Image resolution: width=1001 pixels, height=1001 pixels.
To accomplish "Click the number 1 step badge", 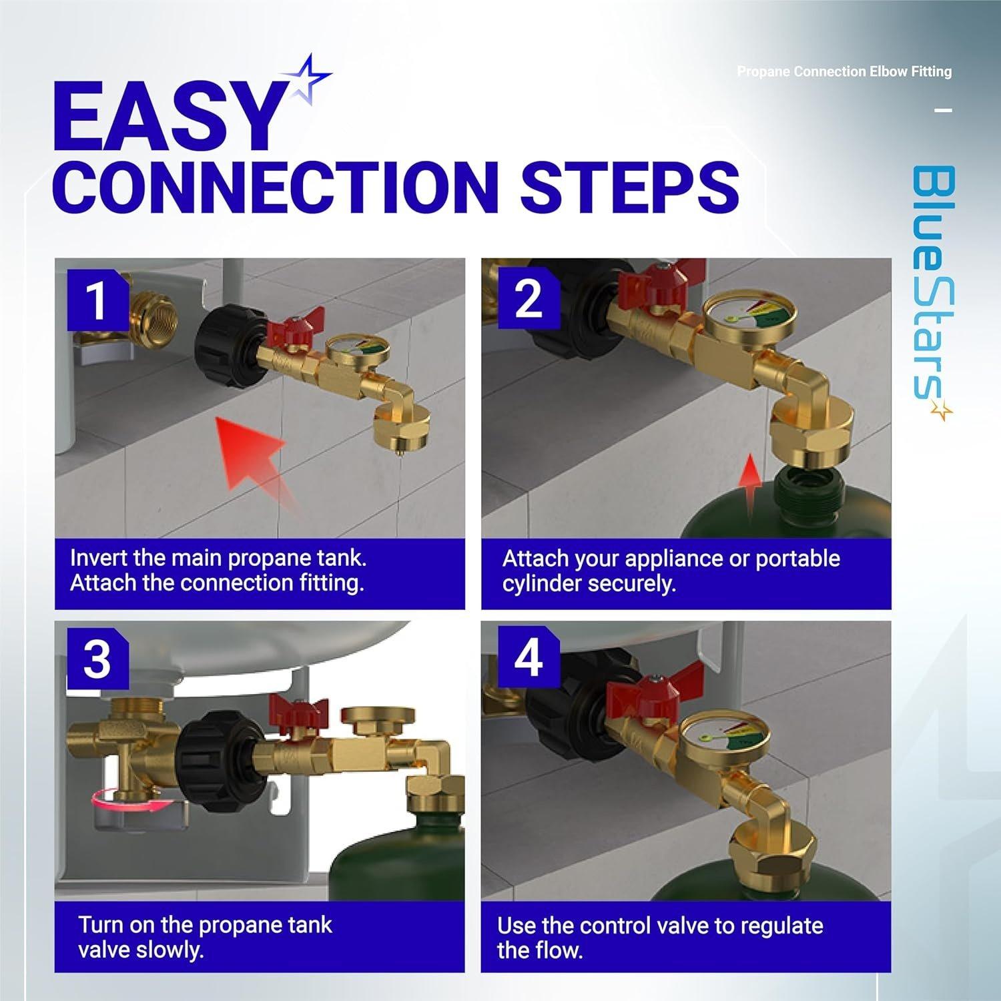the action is (x=97, y=300).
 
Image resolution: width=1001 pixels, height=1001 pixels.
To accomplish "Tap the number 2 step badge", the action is (x=529, y=299).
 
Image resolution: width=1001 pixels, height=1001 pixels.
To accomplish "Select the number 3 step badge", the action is (x=97, y=659).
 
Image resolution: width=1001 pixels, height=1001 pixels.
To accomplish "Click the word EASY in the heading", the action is (x=167, y=119).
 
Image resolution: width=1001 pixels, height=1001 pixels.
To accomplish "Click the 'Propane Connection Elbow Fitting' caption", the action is (x=844, y=71).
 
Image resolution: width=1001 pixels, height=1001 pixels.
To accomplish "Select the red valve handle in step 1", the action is (x=294, y=325).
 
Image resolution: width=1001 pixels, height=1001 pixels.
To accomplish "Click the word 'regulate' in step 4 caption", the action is (x=781, y=926).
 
